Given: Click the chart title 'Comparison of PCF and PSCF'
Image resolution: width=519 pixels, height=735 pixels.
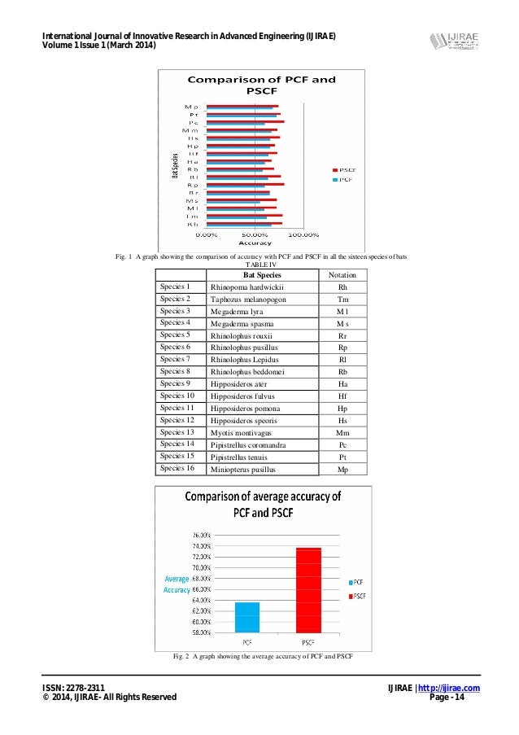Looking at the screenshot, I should pos(262,85).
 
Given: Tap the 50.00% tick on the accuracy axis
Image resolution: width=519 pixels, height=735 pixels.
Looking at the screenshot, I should pos(256,234).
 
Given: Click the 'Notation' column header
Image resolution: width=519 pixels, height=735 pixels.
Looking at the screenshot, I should pos(342,275).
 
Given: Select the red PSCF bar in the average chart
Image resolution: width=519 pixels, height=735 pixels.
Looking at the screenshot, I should pos(308,589).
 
